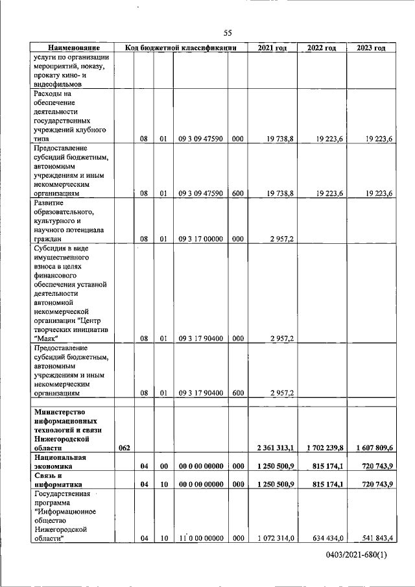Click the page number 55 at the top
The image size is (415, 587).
pos(228,33)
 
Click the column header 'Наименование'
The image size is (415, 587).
pos(73,48)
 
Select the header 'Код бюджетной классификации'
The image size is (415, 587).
pos(180,48)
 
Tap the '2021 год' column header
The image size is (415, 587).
pos(272,48)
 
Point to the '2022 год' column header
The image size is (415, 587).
pos(321,48)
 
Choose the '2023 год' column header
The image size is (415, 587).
pos(371,48)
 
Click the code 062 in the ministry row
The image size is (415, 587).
pos(125,448)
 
